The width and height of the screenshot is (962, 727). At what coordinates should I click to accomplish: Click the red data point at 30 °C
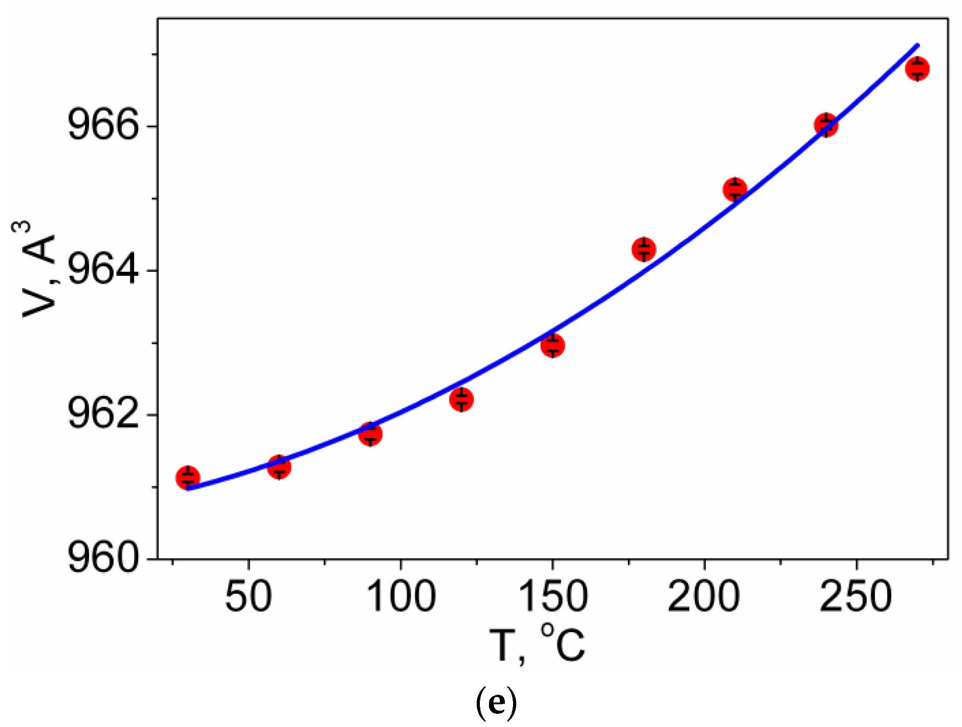pos(188,478)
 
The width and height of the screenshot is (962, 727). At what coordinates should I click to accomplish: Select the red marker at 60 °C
pos(279,467)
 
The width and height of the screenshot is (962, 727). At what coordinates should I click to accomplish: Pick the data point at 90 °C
pos(370,434)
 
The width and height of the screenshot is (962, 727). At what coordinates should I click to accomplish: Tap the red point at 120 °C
pos(462,399)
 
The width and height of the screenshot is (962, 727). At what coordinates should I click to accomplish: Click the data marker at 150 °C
pos(553,345)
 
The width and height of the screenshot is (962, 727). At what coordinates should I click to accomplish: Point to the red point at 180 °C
pos(644,249)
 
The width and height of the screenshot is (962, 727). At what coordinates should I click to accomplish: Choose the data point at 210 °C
pos(735,189)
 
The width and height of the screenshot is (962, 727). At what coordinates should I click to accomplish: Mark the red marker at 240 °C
pos(826,124)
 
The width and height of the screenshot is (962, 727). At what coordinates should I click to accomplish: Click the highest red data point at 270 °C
pos(917,69)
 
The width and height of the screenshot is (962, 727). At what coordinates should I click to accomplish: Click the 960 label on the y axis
pos(103,558)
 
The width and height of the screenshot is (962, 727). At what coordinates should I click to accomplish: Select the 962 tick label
pos(103,415)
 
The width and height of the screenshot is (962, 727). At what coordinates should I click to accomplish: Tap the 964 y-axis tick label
pos(103,271)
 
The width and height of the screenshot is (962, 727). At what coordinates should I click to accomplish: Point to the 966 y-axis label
pos(103,126)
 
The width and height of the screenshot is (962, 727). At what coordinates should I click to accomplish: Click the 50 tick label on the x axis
pos(249,596)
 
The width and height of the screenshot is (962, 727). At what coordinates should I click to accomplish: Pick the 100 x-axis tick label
pos(401,596)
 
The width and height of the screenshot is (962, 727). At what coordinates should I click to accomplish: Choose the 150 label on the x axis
pos(553,596)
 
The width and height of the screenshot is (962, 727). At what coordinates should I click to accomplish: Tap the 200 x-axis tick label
pos(704,596)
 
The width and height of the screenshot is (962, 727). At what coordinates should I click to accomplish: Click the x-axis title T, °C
pos(536,645)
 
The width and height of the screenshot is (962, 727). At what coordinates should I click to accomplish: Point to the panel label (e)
pos(496,703)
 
